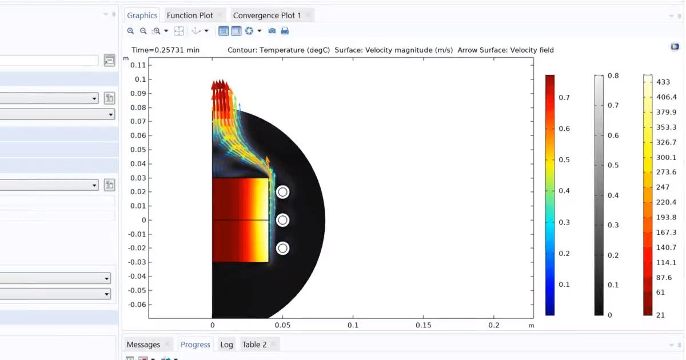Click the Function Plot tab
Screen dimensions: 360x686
[x=189, y=15]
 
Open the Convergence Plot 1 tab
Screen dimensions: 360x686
[x=266, y=15]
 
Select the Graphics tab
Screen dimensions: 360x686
[x=142, y=15]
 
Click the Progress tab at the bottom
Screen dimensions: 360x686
[x=195, y=345]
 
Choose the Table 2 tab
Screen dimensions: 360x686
[x=254, y=345]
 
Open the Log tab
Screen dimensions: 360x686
[x=226, y=345]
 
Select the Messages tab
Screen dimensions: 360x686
[x=143, y=345]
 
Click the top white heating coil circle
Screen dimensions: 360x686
[x=282, y=192]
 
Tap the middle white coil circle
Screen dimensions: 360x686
[x=282, y=220]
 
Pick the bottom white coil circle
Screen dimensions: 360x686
[x=282, y=248]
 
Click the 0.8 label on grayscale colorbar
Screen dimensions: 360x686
[x=613, y=75]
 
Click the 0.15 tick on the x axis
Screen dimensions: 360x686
[x=423, y=325]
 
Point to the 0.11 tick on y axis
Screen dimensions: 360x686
[x=138, y=65]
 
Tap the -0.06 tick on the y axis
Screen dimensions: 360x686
[x=137, y=304]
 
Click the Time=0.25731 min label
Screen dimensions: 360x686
[x=165, y=50]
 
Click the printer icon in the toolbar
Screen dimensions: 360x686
[x=285, y=31]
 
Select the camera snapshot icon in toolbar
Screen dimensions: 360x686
[x=272, y=31]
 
